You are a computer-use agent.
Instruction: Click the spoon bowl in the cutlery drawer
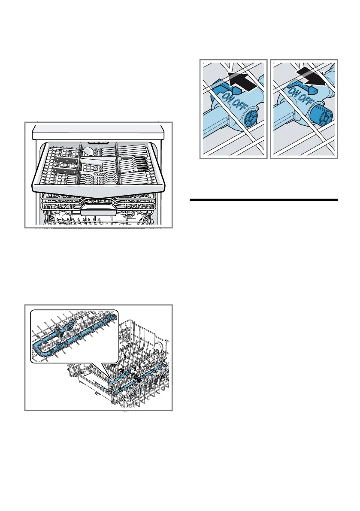tap(88, 151)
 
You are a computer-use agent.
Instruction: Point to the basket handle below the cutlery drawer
tap(98, 209)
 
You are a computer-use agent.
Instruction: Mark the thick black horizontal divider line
tap(264, 200)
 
